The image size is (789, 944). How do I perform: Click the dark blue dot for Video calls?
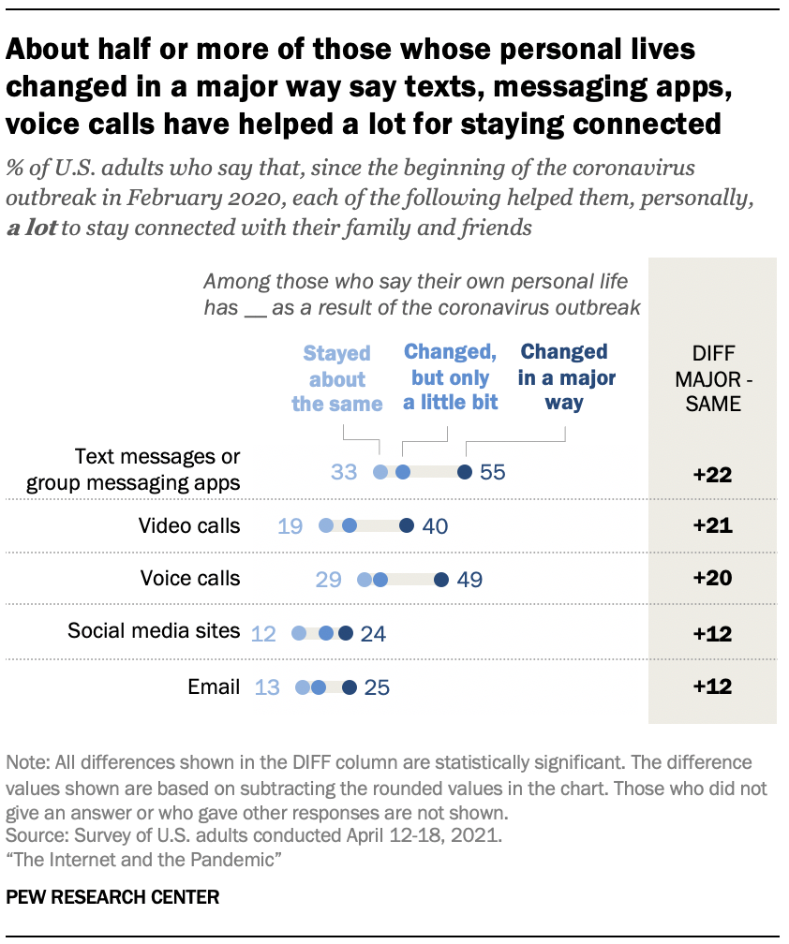(x=406, y=526)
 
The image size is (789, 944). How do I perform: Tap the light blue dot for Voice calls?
(x=365, y=581)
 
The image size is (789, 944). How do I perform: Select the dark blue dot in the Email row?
(x=350, y=688)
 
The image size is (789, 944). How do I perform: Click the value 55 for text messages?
(x=492, y=472)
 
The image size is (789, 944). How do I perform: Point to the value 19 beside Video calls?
(x=290, y=526)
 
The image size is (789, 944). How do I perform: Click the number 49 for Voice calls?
(x=469, y=581)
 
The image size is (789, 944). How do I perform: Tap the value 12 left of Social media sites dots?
(x=263, y=634)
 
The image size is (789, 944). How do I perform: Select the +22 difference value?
(x=712, y=474)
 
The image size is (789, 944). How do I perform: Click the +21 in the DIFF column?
(x=712, y=526)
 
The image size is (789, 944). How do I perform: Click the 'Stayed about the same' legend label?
(x=336, y=379)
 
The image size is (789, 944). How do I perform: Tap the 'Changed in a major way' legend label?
(x=564, y=378)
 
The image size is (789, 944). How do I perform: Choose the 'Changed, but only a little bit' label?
(x=450, y=378)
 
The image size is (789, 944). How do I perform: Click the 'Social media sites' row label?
(x=154, y=631)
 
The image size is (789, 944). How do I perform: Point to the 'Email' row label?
(x=214, y=686)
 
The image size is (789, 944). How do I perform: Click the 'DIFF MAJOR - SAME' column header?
(x=712, y=379)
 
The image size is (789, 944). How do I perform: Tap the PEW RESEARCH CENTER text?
(x=112, y=896)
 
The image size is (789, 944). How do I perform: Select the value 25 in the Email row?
(x=376, y=688)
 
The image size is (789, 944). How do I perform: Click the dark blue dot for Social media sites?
(x=345, y=634)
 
